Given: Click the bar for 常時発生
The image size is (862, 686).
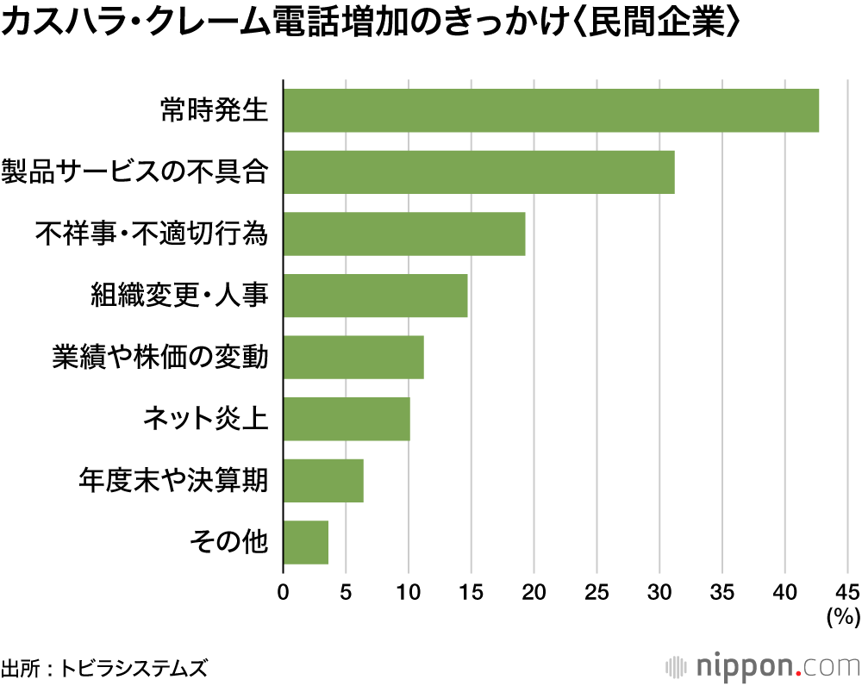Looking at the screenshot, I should pos(551,110).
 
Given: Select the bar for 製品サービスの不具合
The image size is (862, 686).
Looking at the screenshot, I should pos(478,172).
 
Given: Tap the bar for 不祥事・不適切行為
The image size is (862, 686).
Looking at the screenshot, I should pos(403,234).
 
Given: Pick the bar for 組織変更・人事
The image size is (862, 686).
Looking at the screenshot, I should pos(375,296).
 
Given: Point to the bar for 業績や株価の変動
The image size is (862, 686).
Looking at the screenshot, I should pos(353,357).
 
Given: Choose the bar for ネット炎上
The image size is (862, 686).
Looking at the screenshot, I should pos(347,419).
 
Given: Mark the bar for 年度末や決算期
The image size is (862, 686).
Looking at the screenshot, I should pos(323,480).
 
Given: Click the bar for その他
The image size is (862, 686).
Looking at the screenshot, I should pos(306,542).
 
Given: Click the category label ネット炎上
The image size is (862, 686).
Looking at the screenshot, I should pos(205,419).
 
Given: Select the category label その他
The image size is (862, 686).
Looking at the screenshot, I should pos(228,542).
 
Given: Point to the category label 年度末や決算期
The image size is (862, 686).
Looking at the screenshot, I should pos(173,480).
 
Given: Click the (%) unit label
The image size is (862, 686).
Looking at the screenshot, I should pos(842,616).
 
